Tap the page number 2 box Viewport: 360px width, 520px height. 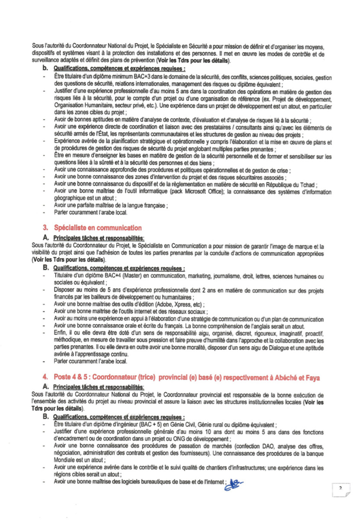[341, 489]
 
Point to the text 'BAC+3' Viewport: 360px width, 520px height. [128, 77]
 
